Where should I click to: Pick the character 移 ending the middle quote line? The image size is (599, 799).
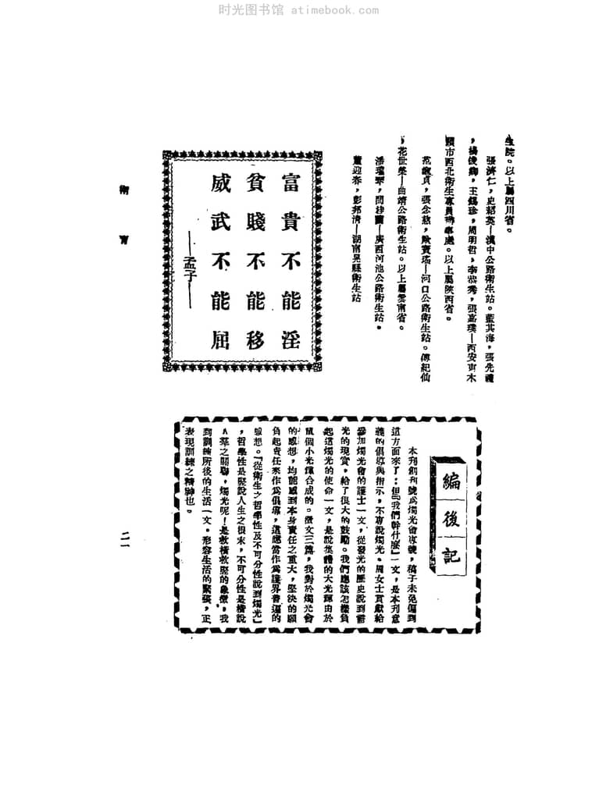[x=251, y=337]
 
